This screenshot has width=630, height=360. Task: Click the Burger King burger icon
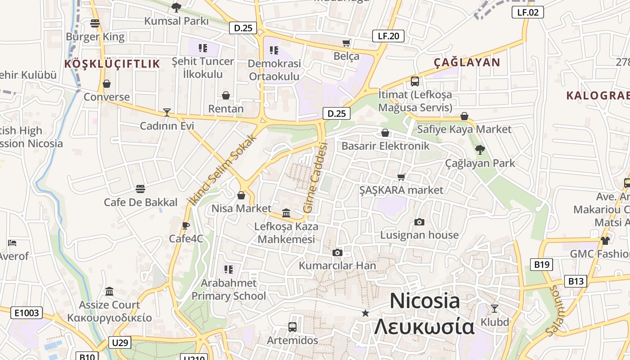click(x=94, y=23)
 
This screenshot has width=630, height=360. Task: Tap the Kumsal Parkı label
click(x=176, y=21)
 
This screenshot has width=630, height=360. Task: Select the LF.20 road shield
click(x=388, y=36)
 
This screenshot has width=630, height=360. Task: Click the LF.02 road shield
click(x=527, y=12)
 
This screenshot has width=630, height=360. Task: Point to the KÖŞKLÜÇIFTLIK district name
click(x=112, y=64)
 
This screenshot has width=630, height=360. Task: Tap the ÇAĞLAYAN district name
click(x=467, y=63)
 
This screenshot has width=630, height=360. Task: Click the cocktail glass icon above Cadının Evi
click(x=167, y=112)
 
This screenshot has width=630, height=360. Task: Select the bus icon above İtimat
click(x=414, y=81)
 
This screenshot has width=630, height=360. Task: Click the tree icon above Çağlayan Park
click(x=480, y=149)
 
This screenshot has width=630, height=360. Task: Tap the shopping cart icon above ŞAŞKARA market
click(x=401, y=177)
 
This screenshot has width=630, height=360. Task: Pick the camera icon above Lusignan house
click(x=419, y=222)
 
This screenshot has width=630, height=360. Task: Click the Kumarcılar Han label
click(x=337, y=265)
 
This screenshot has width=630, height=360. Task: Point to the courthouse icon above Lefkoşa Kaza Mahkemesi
click(x=286, y=212)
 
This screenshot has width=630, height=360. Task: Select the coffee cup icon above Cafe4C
click(x=186, y=225)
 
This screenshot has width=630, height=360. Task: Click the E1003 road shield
click(x=26, y=313)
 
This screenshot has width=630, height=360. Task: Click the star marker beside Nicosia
click(x=365, y=313)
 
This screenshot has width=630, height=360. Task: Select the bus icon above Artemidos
click(x=292, y=327)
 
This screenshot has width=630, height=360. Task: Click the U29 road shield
click(x=120, y=343)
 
